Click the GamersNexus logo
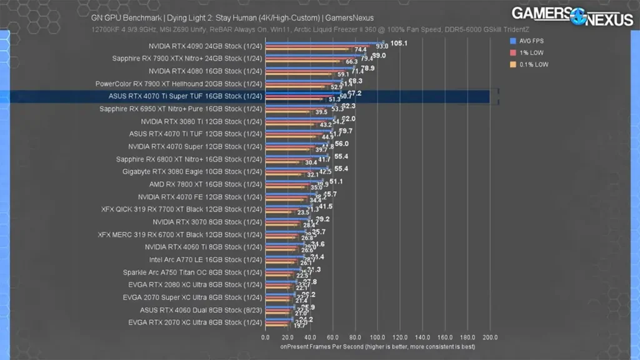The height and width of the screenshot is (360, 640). (x=572, y=16)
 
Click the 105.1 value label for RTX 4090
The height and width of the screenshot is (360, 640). (x=399, y=44)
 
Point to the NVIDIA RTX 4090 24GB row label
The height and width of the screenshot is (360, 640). (x=206, y=46)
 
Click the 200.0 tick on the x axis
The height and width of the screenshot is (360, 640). (x=489, y=337)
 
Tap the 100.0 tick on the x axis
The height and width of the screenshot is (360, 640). (x=377, y=337)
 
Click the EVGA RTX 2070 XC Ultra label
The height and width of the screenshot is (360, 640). (x=195, y=322)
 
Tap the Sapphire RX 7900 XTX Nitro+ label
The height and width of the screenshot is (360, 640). (x=187, y=59)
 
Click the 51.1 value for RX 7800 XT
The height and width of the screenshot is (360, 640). (x=336, y=181)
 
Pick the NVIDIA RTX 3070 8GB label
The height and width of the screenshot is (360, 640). (x=207, y=222)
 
